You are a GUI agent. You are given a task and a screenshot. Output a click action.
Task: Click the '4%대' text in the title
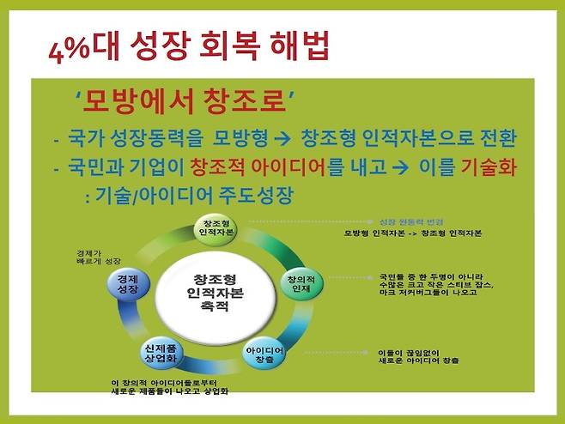pyautogui.click(x=68, y=42)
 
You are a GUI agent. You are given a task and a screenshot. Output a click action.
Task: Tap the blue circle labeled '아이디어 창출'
pyautogui.click(x=264, y=352)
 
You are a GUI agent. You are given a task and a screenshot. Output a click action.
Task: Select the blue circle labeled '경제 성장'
pyautogui.click(x=125, y=284)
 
